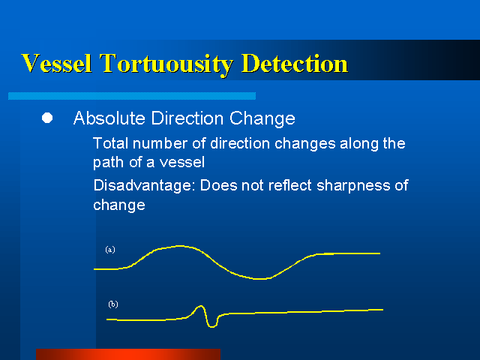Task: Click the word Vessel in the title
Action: (57, 63)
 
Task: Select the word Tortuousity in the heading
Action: (166, 64)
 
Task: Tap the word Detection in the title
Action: (295, 63)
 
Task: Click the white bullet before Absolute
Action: (47, 118)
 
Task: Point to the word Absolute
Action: (109, 118)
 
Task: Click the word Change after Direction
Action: (262, 118)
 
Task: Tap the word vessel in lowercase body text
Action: (181, 162)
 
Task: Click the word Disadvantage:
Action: (144, 185)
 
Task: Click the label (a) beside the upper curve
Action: (110, 250)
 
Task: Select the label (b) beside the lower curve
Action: (113, 304)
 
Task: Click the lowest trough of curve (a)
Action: (261, 279)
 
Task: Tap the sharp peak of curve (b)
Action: (200, 306)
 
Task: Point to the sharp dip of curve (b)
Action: (211, 327)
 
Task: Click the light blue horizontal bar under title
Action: (132, 96)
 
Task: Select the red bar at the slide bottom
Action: (128, 355)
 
